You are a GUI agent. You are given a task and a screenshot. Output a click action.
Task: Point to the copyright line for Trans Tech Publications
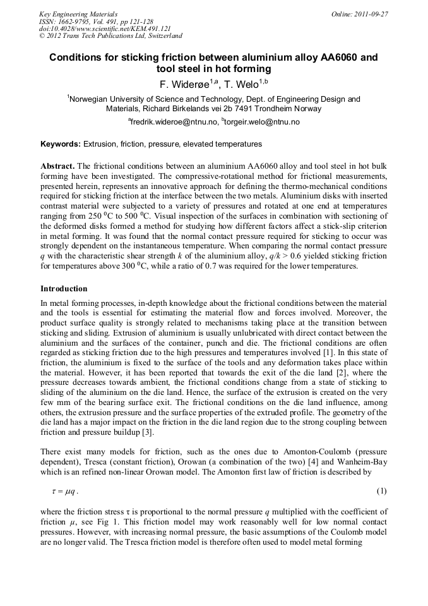click(110, 37)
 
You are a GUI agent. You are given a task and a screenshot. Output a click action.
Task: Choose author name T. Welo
click(246, 84)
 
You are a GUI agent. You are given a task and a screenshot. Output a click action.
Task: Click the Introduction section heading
click(64, 289)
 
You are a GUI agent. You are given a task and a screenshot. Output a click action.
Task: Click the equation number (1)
click(381, 491)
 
